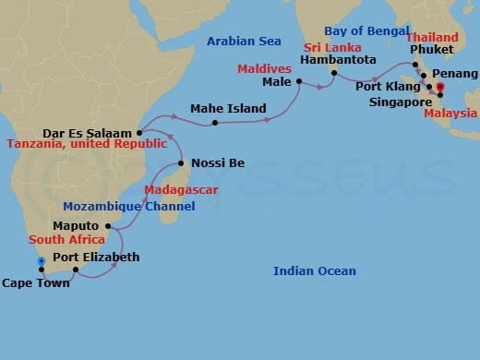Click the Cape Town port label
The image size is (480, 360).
point(35,284)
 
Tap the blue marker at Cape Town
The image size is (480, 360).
point(41,262)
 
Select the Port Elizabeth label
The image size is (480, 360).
point(96,258)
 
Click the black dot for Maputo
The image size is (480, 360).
point(109,226)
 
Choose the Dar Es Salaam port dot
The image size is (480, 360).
point(138,132)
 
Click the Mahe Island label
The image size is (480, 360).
point(228,109)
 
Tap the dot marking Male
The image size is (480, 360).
point(299,82)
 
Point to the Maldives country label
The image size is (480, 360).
point(264,69)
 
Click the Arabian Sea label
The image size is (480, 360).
point(243,42)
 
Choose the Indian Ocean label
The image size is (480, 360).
point(315,270)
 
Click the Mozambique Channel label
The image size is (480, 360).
point(129,207)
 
